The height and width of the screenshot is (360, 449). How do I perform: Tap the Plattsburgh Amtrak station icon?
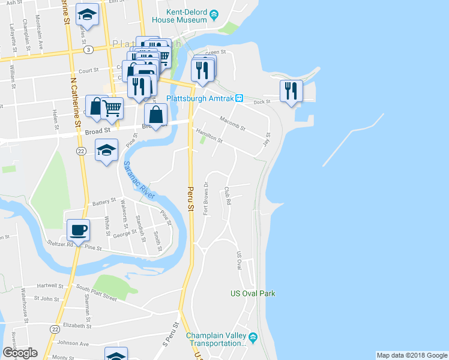tap(239, 98)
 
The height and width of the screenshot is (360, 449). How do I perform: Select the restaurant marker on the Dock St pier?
tap(291, 91)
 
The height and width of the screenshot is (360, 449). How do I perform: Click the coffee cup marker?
tap(78, 229)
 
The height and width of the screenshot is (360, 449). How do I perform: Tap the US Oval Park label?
tap(253, 293)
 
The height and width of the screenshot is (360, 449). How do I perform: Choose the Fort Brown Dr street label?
tap(206, 198)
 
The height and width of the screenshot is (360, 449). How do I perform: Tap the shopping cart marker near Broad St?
tap(112, 109)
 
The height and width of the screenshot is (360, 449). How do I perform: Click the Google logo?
tap(20, 353)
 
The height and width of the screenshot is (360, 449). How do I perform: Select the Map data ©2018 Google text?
tap(411, 355)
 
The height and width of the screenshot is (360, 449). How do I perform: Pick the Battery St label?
tap(103, 202)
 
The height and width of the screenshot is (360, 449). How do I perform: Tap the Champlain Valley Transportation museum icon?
tap(253, 336)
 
